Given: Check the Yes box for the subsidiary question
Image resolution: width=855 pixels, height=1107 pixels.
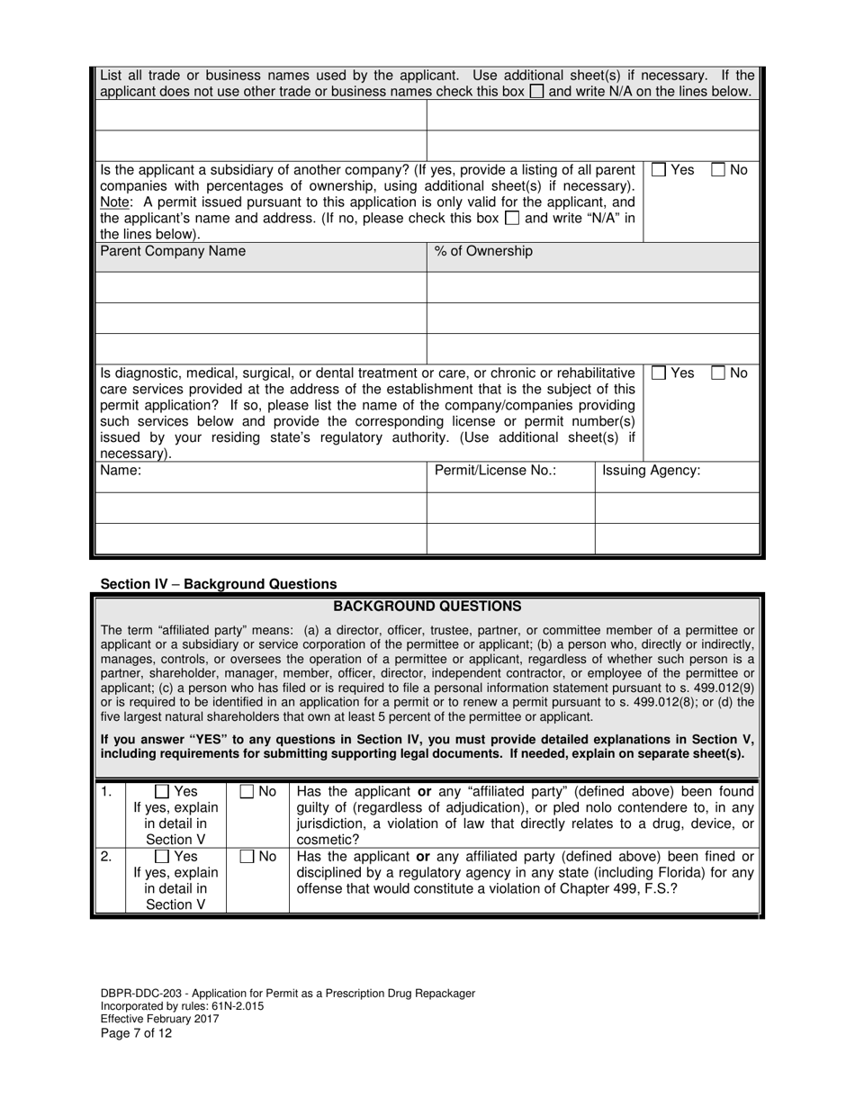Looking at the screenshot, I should pos(659,170).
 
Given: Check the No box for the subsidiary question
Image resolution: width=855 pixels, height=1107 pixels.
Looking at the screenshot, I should pos(719,170).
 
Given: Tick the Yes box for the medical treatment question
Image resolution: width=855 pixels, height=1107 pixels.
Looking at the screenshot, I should pos(659,373).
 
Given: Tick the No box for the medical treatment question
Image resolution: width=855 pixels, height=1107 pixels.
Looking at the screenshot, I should pos(719,373).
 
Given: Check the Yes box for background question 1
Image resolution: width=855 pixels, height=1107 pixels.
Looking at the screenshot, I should pos(162,792).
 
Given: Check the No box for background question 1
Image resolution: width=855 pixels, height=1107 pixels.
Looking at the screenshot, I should pos(247,792).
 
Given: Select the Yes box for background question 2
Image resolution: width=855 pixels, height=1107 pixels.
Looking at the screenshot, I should pos(162,857).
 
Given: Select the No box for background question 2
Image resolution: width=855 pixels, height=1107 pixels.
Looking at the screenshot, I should pos(247,857).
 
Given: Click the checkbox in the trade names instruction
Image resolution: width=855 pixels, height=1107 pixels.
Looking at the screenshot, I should pos(536,92).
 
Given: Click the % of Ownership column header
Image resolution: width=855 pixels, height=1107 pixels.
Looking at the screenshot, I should pos(483,252).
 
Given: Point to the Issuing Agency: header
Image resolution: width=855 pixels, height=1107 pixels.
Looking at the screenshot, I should pos(651,471).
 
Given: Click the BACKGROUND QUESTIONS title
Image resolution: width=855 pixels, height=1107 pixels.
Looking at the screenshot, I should pos(427,607).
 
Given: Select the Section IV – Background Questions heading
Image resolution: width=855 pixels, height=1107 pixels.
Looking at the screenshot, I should pos(219,584).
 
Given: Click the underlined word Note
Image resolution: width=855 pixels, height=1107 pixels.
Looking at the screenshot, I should pos(115,202).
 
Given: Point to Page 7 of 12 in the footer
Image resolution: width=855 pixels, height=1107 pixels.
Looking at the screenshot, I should pos(136,1033).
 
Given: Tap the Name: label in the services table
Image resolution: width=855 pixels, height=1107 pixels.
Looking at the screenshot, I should pos(121,471).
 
